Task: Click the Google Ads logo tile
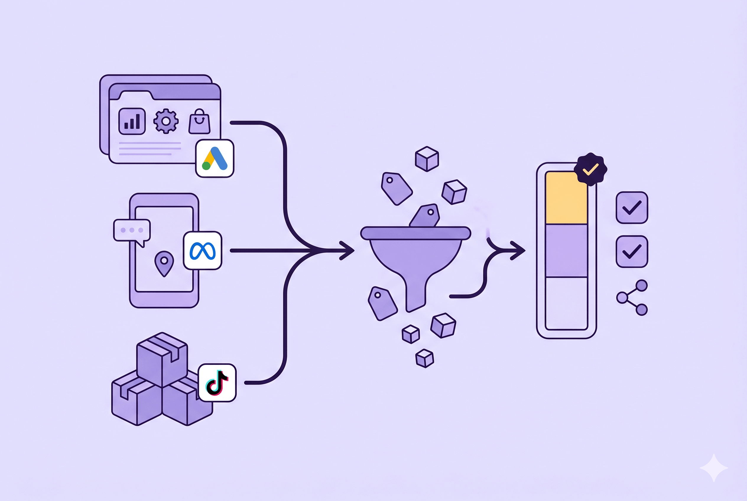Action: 215,158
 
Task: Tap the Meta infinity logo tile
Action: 202,251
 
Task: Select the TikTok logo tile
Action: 217,383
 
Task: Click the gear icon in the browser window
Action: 165,121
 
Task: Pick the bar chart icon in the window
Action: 132,121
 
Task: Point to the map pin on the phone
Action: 164,263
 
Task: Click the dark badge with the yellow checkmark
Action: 590,169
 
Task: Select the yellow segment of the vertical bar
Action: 566,198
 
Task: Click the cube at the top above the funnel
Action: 427,159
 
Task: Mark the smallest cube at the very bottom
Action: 425,358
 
